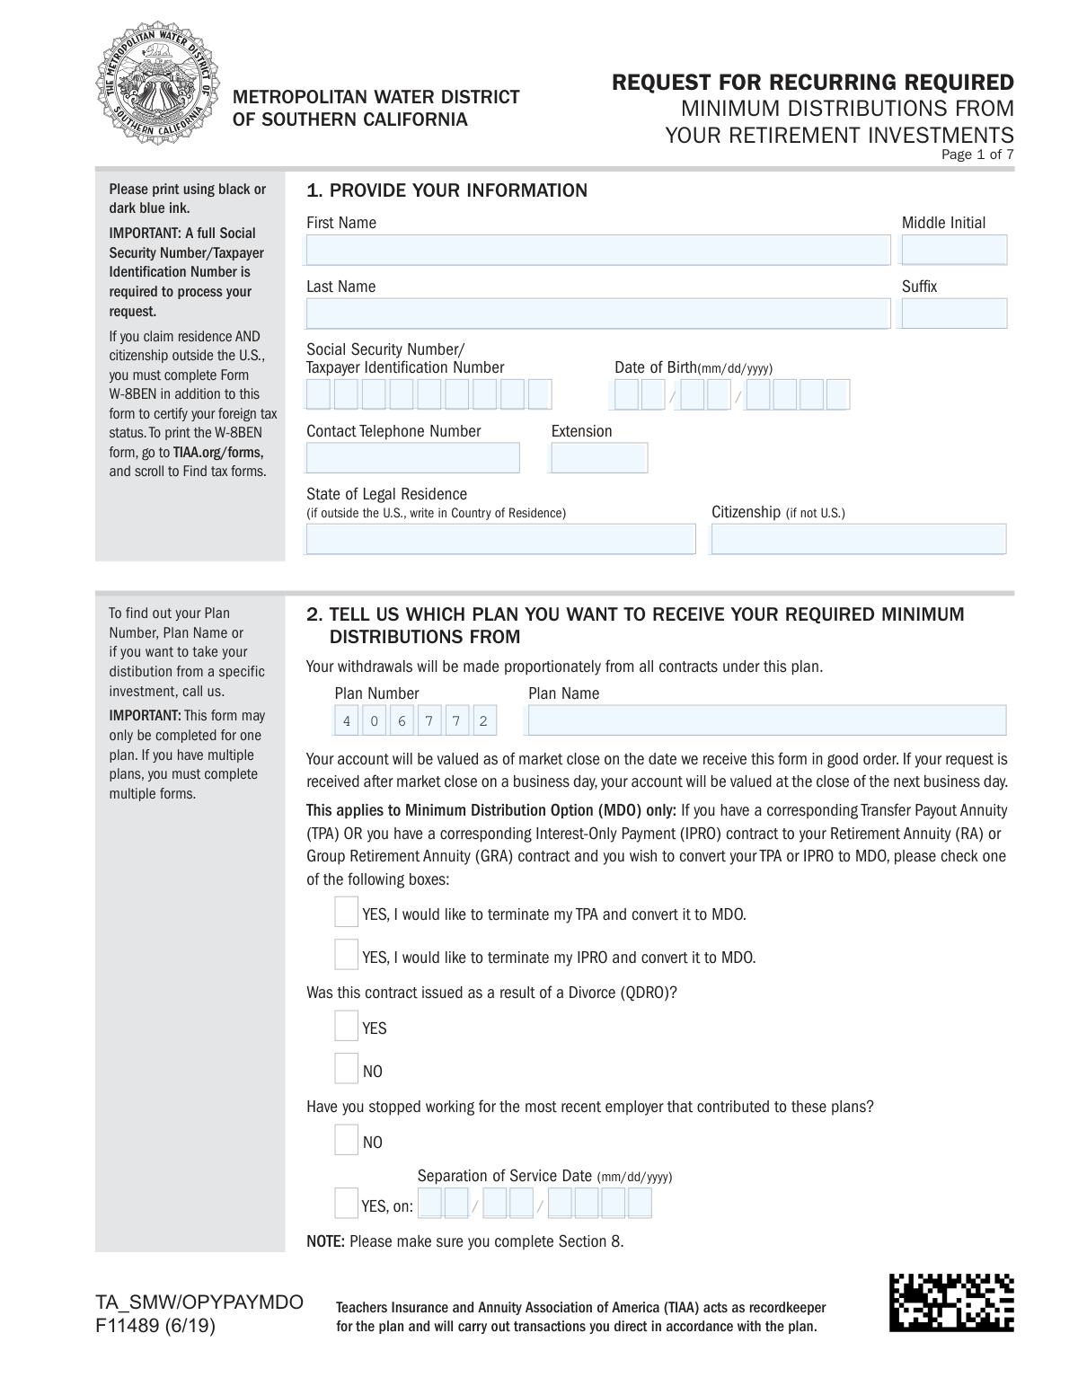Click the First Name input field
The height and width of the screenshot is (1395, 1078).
click(597, 250)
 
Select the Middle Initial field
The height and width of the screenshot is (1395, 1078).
click(954, 250)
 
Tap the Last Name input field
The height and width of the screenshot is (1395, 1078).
click(597, 313)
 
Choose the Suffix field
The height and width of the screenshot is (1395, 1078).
click(954, 313)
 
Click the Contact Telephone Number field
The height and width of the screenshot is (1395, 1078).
click(413, 458)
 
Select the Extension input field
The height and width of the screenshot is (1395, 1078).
click(599, 458)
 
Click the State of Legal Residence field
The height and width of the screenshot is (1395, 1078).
click(500, 539)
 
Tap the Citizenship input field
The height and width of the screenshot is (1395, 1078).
click(858, 539)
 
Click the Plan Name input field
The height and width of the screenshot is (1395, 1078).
click(766, 720)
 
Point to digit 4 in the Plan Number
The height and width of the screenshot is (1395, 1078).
click(347, 721)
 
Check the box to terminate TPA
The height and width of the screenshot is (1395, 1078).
click(346, 912)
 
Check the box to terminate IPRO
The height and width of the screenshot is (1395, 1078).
click(346, 954)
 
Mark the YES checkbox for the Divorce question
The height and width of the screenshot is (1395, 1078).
click(346, 1026)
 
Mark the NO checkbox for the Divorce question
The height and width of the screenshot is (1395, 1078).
click(346, 1069)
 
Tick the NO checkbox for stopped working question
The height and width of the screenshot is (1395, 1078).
click(346, 1140)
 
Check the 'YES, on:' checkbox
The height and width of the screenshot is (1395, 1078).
click(346, 1204)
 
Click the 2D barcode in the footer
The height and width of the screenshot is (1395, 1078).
click(951, 1302)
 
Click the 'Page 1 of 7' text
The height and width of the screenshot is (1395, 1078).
click(977, 155)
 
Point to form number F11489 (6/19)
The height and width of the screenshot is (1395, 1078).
click(155, 1325)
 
